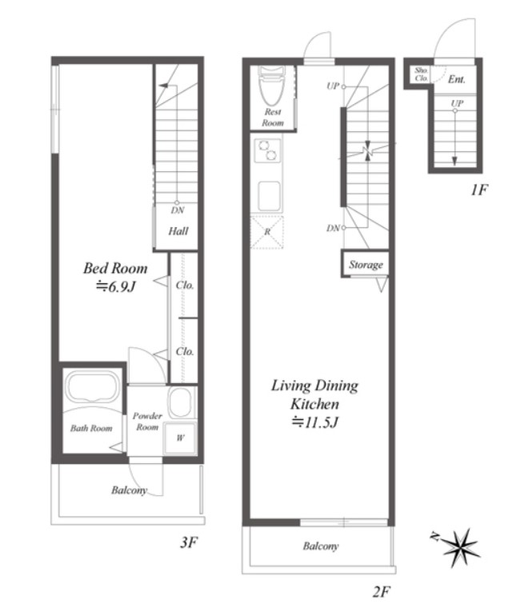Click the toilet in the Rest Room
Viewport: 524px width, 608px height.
(272, 85)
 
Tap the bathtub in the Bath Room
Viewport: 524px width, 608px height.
(92, 387)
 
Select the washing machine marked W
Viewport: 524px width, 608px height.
(180, 438)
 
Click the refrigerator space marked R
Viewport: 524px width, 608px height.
(267, 232)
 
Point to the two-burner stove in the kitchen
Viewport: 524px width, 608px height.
(267, 151)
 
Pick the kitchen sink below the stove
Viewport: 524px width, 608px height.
(269, 196)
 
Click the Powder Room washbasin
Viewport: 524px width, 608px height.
(180, 402)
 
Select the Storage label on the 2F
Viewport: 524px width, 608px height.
(366, 265)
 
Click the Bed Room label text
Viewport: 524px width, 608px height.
(115, 268)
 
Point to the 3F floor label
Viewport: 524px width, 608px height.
(189, 542)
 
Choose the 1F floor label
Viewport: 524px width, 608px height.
(479, 190)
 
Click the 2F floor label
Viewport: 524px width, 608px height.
(382, 592)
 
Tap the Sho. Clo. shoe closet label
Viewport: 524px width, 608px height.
(422, 74)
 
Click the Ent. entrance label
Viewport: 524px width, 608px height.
(457, 79)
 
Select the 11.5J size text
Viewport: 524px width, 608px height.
(315, 422)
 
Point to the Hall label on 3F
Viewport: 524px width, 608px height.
(178, 231)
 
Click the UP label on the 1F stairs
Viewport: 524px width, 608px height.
(457, 103)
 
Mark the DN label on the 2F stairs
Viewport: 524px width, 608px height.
(333, 228)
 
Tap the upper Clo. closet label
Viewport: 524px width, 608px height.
(185, 286)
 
